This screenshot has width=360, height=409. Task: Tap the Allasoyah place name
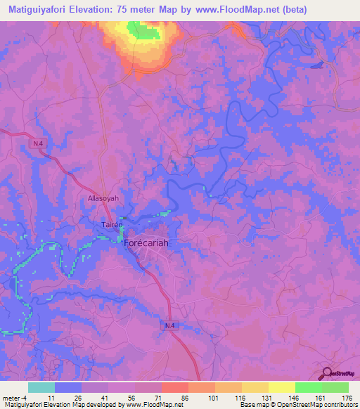[103, 199]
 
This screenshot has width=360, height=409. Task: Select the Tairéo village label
[105, 225]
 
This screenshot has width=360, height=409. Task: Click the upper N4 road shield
[38, 143]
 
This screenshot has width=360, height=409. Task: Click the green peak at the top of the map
[145, 30]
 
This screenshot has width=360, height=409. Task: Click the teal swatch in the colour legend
[41, 387]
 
